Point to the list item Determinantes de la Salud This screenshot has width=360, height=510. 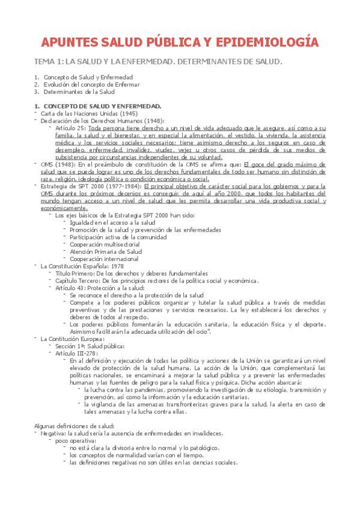pyautogui.click(x=79, y=92)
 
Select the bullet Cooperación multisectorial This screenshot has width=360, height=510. pyautogui.click(x=105, y=244)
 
